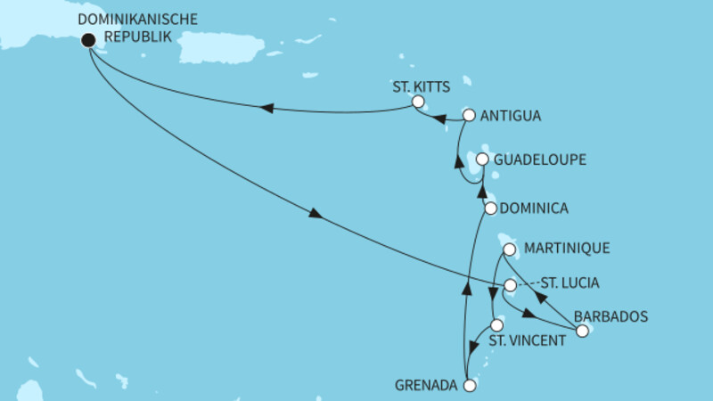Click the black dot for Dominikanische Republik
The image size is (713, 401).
[x=87, y=39]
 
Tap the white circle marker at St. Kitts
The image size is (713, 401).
[x=417, y=102]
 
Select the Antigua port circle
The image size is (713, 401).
[x=469, y=115]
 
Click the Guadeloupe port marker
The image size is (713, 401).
[x=482, y=159]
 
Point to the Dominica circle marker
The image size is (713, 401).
[x=489, y=208]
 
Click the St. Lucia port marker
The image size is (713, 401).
[x=510, y=285]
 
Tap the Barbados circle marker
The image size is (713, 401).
[x=582, y=331]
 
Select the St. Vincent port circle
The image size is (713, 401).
[x=497, y=325]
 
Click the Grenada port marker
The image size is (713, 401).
[x=471, y=385]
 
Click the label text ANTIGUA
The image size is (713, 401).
[x=512, y=116]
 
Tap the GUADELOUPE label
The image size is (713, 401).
[x=538, y=160]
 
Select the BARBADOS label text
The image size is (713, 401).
[x=611, y=315]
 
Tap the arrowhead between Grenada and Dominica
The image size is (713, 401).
[x=464, y=285]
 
